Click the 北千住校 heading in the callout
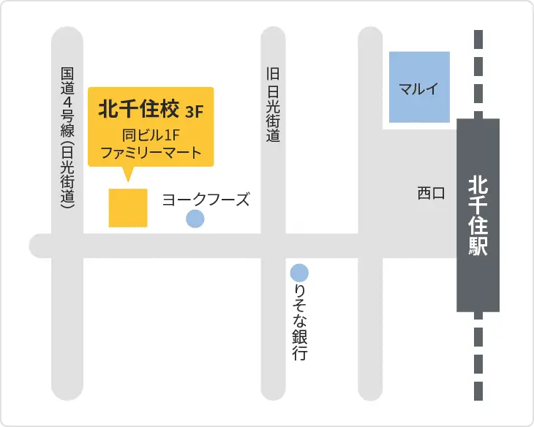(138, 110)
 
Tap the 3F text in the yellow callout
(194, 112)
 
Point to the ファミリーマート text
(150, 154)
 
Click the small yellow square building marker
(128, 208)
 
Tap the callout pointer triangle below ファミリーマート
(127, 174)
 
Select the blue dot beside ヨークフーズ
(195, 219)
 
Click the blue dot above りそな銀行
(299, 273)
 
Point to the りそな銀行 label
(299, 322)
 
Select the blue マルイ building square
(419, 87)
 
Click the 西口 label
(431, 193)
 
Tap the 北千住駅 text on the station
(478, 215)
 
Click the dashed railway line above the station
(478, 73)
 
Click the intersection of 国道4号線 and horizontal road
(67, 246)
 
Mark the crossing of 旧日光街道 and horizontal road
(273, 246)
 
